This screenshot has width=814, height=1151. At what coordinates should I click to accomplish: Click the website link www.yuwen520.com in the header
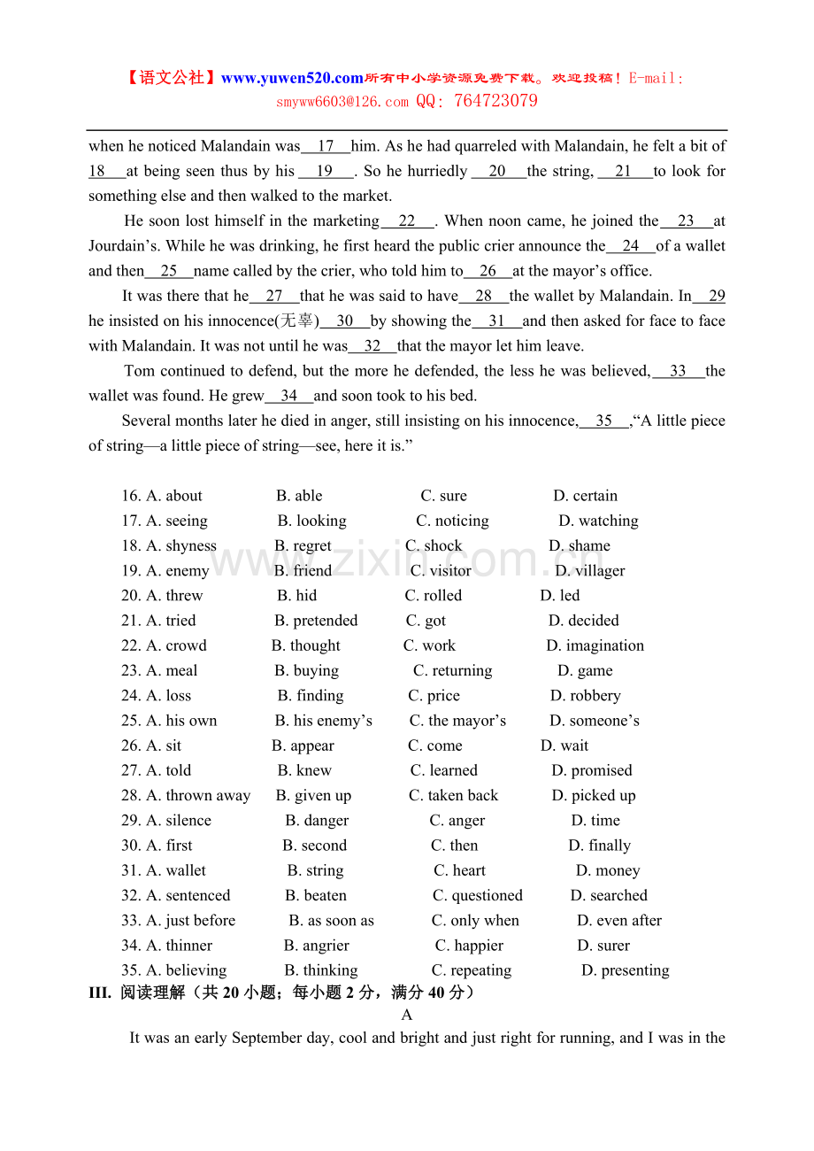(x=292, y=78)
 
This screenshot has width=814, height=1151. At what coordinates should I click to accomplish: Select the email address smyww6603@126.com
(x=342, y=102)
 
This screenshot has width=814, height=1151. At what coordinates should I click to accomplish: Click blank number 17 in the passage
(x=326, y=146)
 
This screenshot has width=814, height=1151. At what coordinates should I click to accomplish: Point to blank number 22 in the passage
(x=407, y=221)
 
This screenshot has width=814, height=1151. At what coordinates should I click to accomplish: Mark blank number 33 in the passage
(x=679, y=371)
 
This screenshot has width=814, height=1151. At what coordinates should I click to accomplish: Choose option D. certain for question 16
(x=586, y=496)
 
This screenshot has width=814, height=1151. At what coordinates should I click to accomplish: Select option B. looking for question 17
(x=312, y=521)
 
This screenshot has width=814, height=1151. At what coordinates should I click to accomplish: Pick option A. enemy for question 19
(x=178, y=571)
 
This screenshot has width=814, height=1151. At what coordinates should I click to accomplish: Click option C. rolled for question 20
(x=434, y=596)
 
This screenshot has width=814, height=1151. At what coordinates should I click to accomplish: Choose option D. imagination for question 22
(x=595, y=645)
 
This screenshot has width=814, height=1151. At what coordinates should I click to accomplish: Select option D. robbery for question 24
(x=586, y=696)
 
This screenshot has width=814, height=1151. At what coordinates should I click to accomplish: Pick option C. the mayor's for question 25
(x=457, y=721)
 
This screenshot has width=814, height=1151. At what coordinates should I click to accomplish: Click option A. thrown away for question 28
(x=198, y=796)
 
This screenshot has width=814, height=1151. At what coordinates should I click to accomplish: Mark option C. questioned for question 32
(x=478, y=896)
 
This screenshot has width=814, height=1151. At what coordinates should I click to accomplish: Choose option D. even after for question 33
(x=619, y=921)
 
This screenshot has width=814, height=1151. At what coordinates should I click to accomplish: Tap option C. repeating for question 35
(x=472, y=970)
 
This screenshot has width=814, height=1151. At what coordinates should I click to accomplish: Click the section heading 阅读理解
(x=153, y=993)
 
